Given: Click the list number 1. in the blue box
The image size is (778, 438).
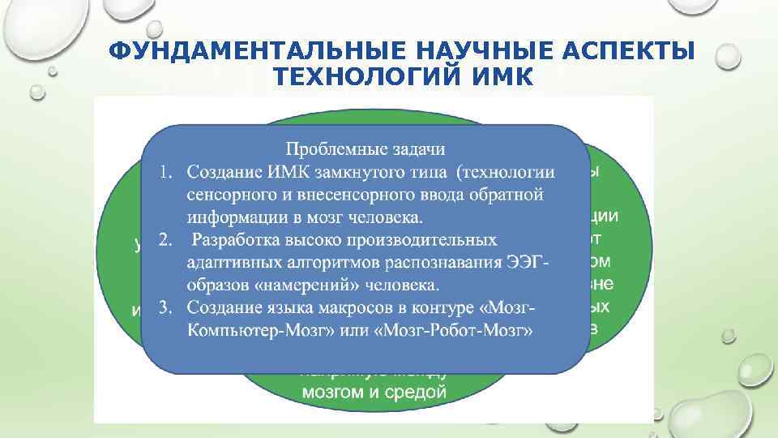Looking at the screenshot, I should pyautogui.click(x=166, y=172).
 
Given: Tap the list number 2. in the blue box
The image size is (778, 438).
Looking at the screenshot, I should pyautogui.click(x=166, y=240).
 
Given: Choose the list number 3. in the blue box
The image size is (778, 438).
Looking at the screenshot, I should pyautogui.click(x=166, y=308).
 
